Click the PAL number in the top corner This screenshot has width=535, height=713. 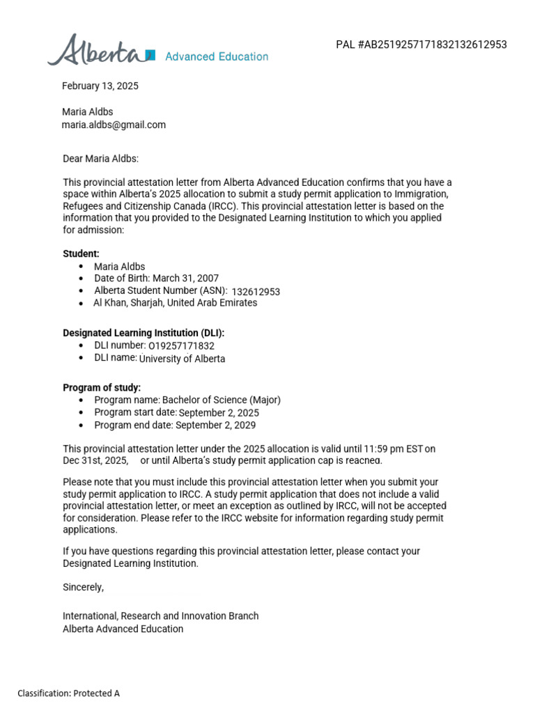(x=421, y=45)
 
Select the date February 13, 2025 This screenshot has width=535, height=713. (x=100, y=86)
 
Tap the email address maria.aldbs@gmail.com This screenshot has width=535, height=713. (x=114, y=125)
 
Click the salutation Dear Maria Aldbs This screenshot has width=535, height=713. (x=100, y=159)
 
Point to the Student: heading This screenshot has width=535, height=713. (x=81, y=254)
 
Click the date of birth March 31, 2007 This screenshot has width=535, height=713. (x=185, y=279)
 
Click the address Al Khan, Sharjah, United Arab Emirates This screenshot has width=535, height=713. (x=175, y=303)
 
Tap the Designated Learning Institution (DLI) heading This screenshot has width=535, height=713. (x=144, y=334)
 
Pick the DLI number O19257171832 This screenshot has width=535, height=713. (x=181, y=346)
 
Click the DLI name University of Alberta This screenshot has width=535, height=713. (x=182, y=359)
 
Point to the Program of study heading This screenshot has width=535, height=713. (x=102, y=388)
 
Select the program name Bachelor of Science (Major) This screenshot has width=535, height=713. (x=222, y=400)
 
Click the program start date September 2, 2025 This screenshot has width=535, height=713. (x=219, y=413)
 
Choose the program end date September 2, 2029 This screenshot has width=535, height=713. (x=215, y=425)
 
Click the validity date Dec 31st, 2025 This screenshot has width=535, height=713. (x=95, y=460)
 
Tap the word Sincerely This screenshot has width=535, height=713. (x=83, y=587)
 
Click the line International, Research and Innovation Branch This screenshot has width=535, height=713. (x=160, y=616)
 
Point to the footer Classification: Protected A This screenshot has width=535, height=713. (x=69, y=694)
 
